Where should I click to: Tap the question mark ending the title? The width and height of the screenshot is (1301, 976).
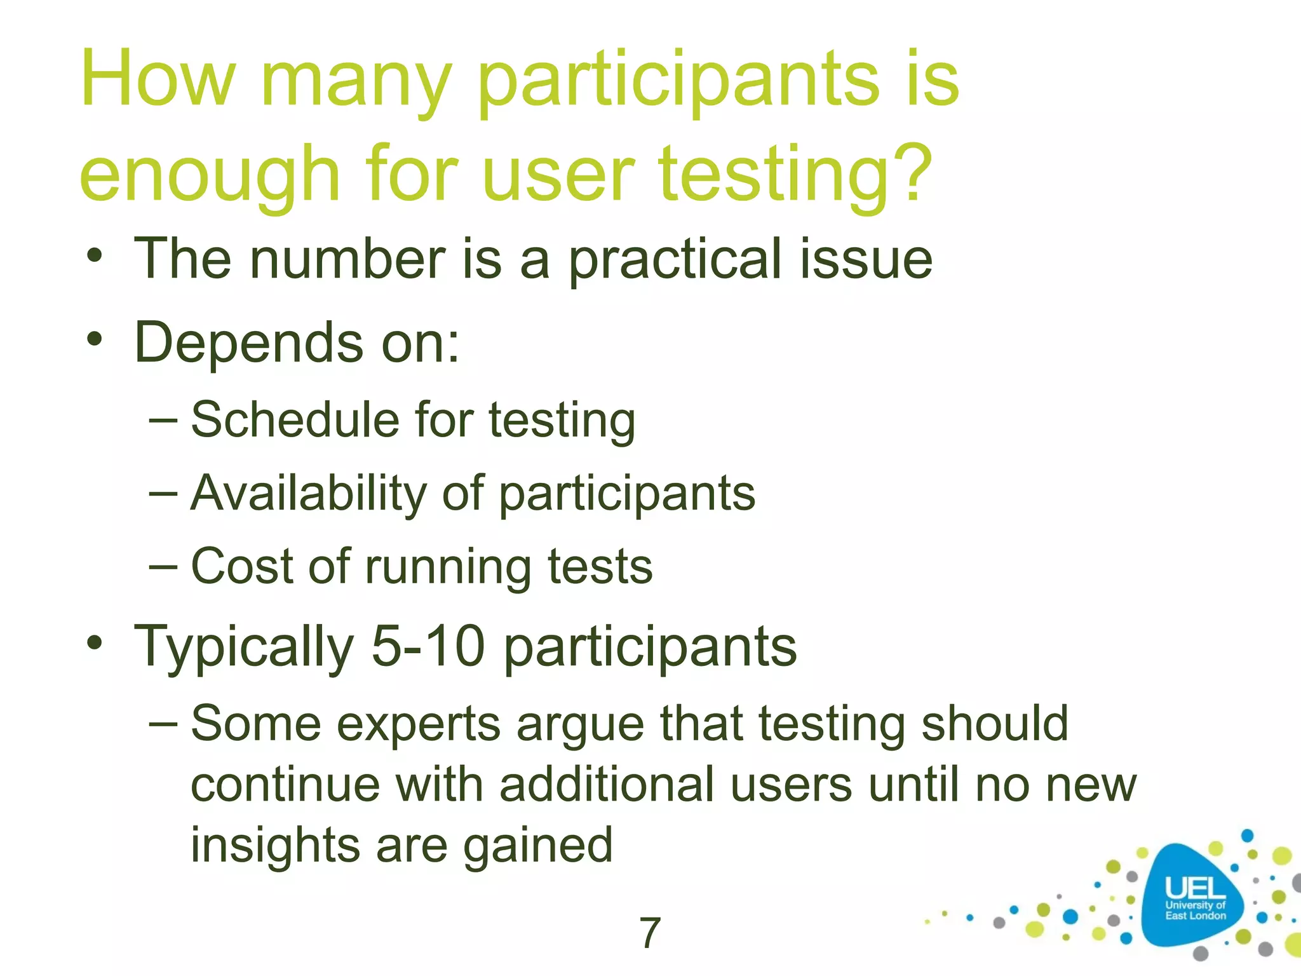coord(911,173)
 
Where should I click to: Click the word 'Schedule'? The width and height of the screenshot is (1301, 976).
coord(294,421)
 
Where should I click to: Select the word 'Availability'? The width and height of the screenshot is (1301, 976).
coord(309,494)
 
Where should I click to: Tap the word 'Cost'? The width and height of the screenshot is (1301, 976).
coord(241,566)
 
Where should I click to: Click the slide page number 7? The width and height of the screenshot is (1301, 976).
coord(649,933)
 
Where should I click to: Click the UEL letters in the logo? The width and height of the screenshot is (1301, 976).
coord(1195,888)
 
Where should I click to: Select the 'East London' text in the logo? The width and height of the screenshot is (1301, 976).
coord(1195,916)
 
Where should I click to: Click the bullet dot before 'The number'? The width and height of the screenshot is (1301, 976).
coord(95,257)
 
